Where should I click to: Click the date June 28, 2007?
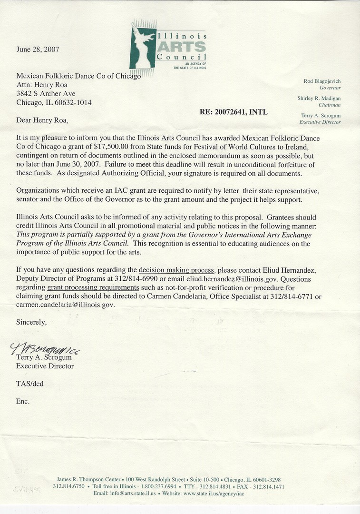coord(38,49)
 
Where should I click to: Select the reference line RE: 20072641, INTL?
coord(234,112)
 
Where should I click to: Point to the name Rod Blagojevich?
coord(322,81)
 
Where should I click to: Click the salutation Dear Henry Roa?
coord(42,120)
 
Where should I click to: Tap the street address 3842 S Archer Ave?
coord(46,94)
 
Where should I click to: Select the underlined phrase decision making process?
coord(176,270)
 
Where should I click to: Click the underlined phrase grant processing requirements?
coord(93,288)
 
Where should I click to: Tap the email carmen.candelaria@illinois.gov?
coord(66,305)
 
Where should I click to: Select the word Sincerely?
coord(31,322)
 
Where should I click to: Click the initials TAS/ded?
coord(29,384)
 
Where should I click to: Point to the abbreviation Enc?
coord(23,401)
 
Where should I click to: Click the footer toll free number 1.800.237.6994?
coord(154,486)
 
